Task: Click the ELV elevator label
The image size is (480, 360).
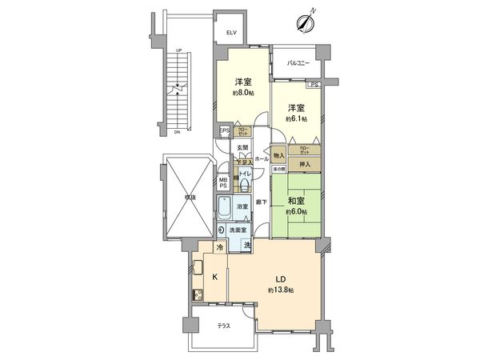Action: point(231,33)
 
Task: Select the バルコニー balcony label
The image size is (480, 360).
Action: point(298,62)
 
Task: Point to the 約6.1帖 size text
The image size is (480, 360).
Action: point(296,118)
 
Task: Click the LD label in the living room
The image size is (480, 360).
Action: point(281,278)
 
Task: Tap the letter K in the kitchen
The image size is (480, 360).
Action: point(215,277)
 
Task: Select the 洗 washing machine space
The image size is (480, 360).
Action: point(247,246)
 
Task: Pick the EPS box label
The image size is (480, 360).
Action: point(225,132)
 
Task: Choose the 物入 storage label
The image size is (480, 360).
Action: point(278,155)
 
